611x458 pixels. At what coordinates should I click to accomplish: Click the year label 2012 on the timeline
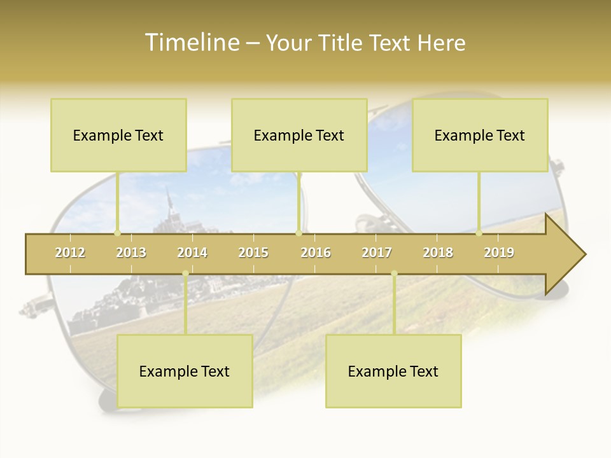click(x=70, y=253)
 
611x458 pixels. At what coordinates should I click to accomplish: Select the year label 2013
click(x=131, y=253)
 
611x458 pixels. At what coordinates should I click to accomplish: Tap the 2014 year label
click(x=192, y=253)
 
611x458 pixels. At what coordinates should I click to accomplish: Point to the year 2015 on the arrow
click(x=253, y=253)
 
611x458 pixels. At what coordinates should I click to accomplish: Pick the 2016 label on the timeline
click(x=316, y=253)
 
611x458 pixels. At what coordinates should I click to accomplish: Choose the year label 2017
click(x=377, y=253)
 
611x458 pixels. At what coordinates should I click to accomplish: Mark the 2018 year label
click(x=438, y=253)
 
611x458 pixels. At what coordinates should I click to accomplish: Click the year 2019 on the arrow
click(x=499, y=253)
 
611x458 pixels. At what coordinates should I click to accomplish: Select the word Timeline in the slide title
click(x=191, y=43)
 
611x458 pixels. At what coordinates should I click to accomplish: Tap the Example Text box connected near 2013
click(x=118, y=135)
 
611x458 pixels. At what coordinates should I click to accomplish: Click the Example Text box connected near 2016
click(x=299, y=135)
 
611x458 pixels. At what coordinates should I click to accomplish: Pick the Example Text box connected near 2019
click(x=480, y=135)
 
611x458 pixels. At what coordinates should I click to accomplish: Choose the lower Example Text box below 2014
click(x=185, y=371)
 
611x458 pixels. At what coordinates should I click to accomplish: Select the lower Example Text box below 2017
click(x=393, y=371)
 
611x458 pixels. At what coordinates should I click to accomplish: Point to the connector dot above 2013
click(x=117, y=233)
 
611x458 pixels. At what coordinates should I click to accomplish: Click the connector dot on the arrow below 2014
click(x=185, y=274)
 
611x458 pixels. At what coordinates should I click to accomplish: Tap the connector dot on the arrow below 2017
click(x=394, y=274)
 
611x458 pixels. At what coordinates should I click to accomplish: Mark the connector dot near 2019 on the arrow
click(x=479, y=233)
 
